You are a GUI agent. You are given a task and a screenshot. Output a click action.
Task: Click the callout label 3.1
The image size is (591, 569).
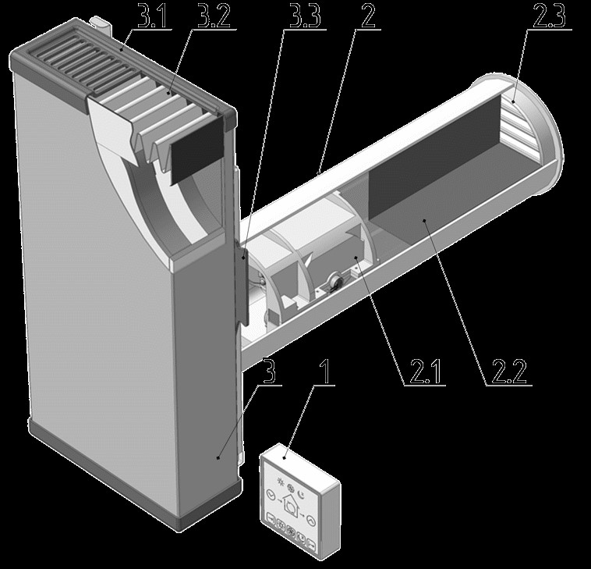click(152, 16)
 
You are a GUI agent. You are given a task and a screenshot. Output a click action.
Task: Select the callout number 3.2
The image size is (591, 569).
click(214, 16)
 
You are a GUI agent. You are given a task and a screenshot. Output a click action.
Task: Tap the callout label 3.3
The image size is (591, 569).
click(306, 16)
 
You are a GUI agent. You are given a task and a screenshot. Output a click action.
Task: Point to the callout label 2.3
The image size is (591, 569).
click(549, 16)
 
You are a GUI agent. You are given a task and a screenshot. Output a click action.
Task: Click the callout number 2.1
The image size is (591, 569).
click(425, 372)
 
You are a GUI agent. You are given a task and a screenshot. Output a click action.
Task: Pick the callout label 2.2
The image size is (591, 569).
click(509, 372)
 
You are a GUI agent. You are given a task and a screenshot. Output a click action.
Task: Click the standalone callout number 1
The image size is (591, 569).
click(325, 372)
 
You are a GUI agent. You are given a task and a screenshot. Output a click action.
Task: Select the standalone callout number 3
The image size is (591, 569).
click(270, 371)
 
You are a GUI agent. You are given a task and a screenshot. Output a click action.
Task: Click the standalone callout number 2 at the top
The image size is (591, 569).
click(368, 16)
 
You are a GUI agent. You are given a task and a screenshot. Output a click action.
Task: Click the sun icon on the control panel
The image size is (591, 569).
click(280, 481)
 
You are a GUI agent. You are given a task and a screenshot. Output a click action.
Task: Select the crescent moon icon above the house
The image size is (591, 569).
click(301, 493)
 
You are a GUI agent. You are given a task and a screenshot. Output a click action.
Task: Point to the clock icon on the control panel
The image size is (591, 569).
click(270, 495)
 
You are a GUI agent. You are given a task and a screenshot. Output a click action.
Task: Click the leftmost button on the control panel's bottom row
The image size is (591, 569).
click(271, 519)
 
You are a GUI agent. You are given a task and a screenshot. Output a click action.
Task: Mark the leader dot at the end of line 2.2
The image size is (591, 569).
click(424, 220)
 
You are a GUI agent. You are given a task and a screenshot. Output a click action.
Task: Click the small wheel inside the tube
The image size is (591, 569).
click(334, 282)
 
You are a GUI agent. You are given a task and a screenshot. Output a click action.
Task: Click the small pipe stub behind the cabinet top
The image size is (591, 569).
click(101, 23)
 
